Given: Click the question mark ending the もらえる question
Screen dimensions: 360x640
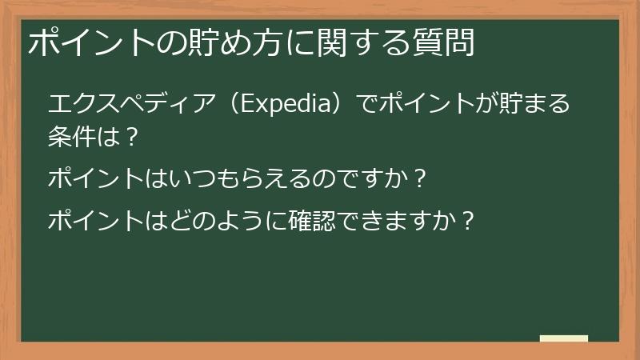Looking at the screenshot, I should (416, 177).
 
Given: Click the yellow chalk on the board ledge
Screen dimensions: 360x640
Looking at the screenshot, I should (563, 338).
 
